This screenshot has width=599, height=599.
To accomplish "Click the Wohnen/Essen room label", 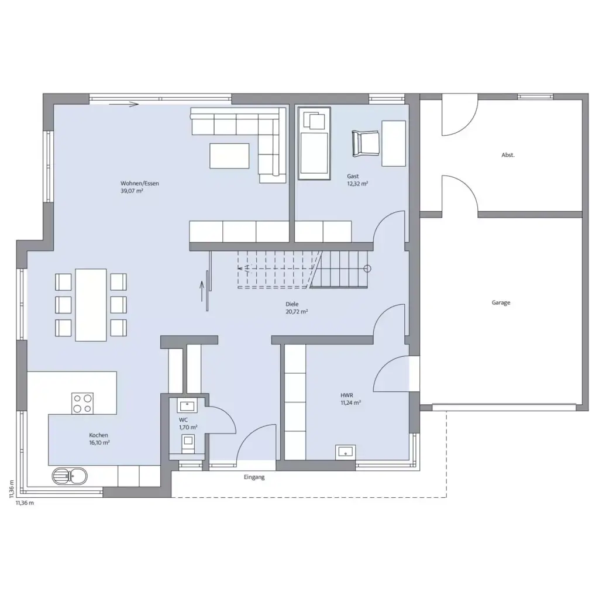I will (140, 183).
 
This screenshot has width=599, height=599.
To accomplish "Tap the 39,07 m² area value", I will (132, 191).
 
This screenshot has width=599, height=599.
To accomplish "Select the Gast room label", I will (352, 176).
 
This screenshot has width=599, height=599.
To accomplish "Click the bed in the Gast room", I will (314, 144).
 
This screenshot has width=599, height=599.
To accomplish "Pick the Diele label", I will (292, 304).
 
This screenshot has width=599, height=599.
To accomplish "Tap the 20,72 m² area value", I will (297, 312).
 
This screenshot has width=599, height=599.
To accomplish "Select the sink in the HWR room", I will (346, 451).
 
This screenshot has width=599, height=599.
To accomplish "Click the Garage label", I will (501, 302).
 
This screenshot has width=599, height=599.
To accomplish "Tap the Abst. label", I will (508, 155).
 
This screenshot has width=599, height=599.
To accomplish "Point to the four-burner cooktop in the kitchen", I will (82, 403).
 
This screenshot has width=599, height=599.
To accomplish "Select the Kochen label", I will (98, 435).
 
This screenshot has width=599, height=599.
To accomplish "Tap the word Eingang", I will (254, 477).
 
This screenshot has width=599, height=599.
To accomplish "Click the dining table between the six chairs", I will (91, 304).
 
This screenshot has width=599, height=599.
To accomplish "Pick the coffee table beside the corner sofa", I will (229, 156).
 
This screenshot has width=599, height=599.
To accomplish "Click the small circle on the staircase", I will (367, 269).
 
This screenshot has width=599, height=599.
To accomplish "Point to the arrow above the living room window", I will (131, 105).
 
